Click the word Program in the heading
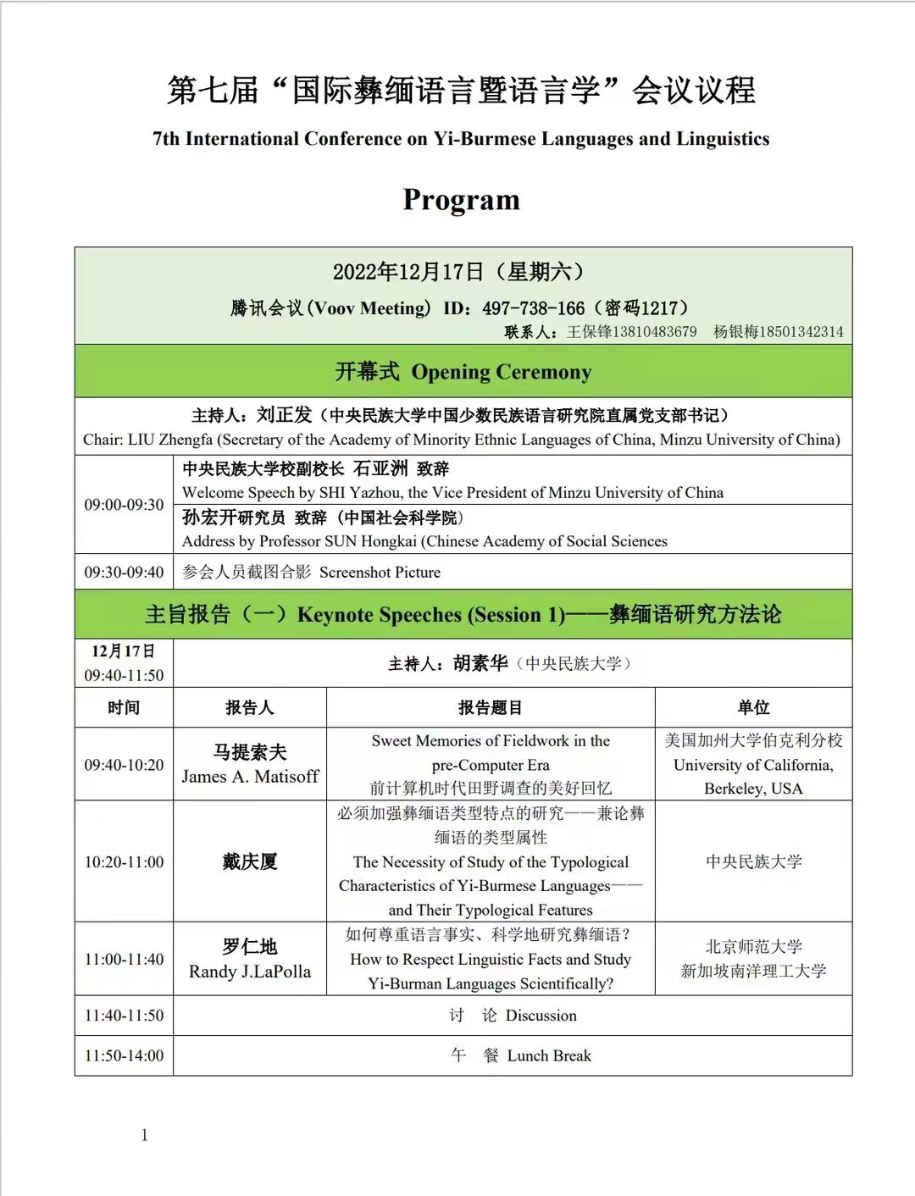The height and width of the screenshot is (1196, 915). coord(461,200)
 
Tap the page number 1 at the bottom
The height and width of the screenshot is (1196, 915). coord(145,1135)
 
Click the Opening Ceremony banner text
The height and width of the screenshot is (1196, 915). coord(502,372)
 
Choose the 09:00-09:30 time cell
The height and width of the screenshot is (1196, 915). coord(124,505)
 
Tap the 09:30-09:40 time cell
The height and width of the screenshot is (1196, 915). coord(124,573)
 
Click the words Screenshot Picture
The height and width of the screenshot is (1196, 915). coord(380,573)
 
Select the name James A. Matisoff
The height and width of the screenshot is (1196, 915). coord(250,777)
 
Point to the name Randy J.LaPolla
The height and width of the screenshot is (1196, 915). coord(250,972)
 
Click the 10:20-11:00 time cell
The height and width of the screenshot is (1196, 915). coord(124,862)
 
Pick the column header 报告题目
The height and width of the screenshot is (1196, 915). coord(491,708)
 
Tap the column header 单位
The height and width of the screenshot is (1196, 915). coord(753,708)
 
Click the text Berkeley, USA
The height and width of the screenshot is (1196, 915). coord(753,789)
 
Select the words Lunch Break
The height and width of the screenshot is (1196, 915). coord(549,1056)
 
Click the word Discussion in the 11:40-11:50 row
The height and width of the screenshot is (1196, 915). coord(541,1016)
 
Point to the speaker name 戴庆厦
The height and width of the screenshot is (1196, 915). coord(250,862)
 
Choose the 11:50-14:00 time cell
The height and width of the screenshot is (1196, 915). coord(124,1056)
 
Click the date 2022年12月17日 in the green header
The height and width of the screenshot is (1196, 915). coord(408,272)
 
